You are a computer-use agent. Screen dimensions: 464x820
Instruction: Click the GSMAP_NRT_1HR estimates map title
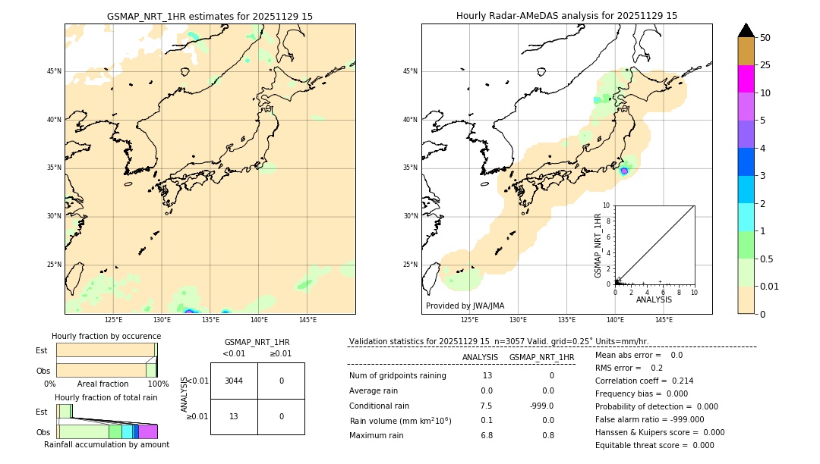(x=210, y=16)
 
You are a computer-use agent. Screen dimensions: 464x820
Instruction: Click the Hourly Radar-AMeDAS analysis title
(x=566, y=16)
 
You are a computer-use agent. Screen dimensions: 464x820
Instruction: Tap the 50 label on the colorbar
(x=765, y=38)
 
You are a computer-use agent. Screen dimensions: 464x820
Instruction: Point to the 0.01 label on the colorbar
(x=770, y=286)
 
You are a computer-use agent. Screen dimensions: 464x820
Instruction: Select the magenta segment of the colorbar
(x=746, y=79)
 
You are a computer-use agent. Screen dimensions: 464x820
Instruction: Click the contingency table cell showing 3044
(x=234, y=381)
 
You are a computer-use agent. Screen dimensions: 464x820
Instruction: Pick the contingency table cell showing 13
(x=234, y=416)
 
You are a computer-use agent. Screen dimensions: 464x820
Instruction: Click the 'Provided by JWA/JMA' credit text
(x=465, y=306)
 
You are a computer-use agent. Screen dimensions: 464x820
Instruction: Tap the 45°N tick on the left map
(x=54, y=71)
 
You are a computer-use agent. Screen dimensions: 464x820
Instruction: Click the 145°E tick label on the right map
(x=664, y=320)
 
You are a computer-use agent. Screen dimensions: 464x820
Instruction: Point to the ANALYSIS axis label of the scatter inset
(x=654, y=299)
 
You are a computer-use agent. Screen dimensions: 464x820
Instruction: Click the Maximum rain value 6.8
(x=487, y=435)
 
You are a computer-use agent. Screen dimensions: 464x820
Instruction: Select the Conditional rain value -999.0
(x=541, y=406)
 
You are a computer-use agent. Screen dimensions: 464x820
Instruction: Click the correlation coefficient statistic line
(x=644, y=381)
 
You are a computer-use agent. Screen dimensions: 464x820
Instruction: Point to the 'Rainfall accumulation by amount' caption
(x=106, y=444)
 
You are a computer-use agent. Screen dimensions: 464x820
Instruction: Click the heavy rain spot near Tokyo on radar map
(x=624, y=171)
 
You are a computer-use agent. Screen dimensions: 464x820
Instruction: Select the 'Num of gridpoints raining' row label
(x=397, y=376)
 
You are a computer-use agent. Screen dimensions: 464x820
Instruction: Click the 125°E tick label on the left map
(x=114, y=320)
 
